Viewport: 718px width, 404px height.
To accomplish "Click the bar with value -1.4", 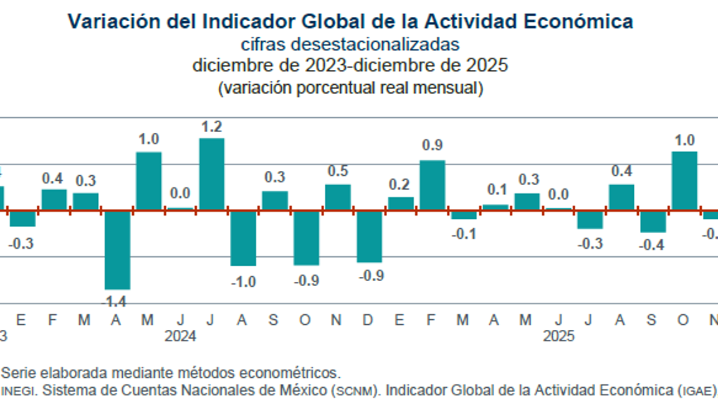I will point(117,249).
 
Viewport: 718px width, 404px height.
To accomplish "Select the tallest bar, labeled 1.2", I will point(211,174).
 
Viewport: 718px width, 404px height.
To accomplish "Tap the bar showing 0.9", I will point(432,185).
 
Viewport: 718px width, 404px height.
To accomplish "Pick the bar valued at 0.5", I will point(337,197).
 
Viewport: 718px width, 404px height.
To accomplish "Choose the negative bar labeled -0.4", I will point(653,222).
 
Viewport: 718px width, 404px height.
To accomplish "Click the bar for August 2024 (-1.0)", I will point(243,238).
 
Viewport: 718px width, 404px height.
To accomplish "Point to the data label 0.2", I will point(400,185).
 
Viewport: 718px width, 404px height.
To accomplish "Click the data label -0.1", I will point(463,234).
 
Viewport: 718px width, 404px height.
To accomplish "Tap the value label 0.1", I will point(495,190).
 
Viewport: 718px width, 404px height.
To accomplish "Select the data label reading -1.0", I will point(243,282).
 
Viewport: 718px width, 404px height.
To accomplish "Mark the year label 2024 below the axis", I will point(181,337).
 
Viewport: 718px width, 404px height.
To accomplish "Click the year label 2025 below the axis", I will point(558,337).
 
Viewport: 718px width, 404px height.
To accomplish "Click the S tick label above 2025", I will point(652,320).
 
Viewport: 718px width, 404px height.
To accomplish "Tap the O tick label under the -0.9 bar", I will point(305,320).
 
